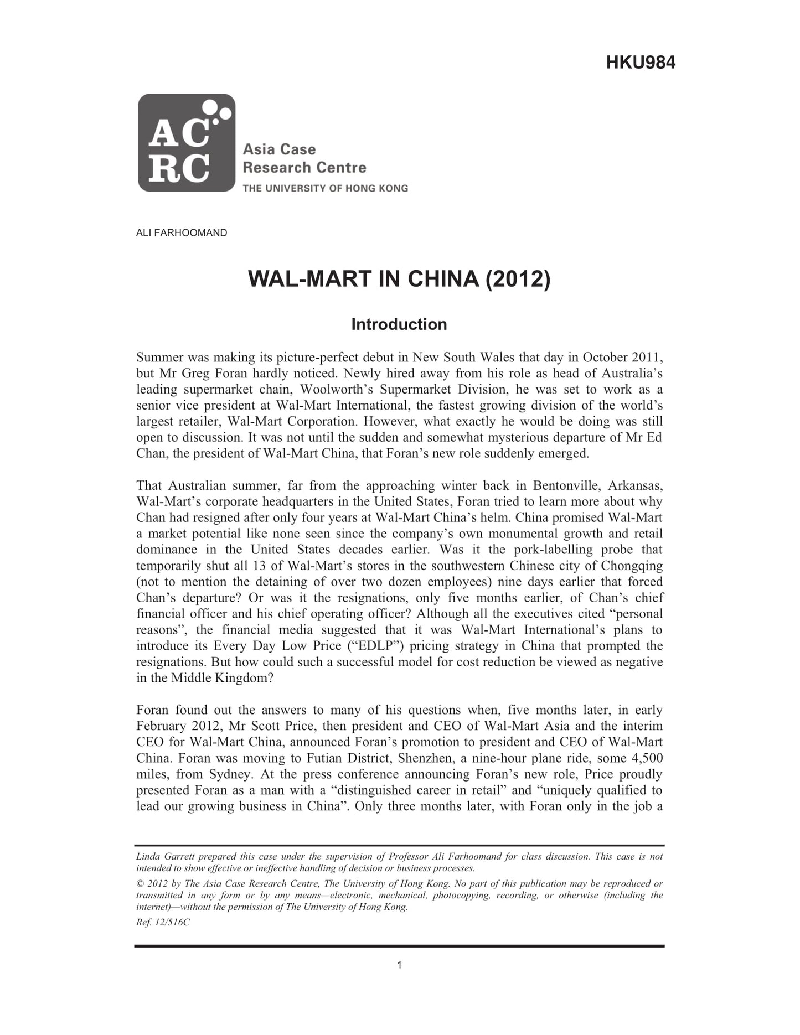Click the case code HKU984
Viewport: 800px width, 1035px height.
pyautogui.click(x=641, y=62)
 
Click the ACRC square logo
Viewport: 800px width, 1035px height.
pyautogui.click(x=187, y=143)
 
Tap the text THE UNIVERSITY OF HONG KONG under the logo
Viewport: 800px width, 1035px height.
pyautogui.click(x=325, y=188)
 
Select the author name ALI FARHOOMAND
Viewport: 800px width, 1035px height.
pyautogui.click(x=182, y=233)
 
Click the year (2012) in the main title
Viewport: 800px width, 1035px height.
pyautogui.click(x=518, y=278)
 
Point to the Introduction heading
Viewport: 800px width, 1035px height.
pyautogui.click(x=399, y=324)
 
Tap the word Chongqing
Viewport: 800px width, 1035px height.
pyautogui.click(x=632, y=566)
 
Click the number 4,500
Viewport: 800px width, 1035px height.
pyautogui.click(x=643, y=758)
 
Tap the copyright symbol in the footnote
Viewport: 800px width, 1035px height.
pyautogui.click(x=140, y=884)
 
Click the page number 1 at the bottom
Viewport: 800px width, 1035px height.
pyautogui.click(x=399, y=965)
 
